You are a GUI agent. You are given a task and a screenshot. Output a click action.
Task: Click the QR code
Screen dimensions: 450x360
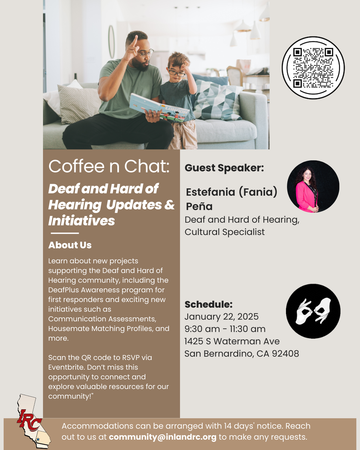[x=313, y=68]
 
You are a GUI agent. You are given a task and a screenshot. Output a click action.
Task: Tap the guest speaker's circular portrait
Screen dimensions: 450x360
[x=313, y=186]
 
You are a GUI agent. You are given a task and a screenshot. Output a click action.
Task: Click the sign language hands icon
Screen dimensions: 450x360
[x=313, y=311]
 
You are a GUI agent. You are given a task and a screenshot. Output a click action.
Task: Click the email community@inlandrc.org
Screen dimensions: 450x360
[x=162, y=437]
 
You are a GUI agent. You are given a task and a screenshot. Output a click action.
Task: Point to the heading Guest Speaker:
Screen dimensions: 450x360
[x=224, y=168]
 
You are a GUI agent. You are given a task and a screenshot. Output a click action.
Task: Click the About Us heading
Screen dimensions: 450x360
[x=70, y=245]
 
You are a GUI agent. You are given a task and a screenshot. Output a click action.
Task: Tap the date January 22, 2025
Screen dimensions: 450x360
[x=221, y=316]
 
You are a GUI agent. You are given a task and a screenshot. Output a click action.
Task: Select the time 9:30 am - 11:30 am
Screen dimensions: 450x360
[x=225, y=329]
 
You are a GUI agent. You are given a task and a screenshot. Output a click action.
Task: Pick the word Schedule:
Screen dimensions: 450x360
[x=208, y=304]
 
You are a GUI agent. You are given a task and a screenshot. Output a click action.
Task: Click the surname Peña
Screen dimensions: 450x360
[x=199, y=206]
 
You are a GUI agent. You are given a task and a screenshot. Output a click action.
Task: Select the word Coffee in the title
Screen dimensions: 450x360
[x=76, y=166]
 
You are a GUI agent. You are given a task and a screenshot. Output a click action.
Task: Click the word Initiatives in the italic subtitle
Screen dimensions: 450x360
[x=81, y=221]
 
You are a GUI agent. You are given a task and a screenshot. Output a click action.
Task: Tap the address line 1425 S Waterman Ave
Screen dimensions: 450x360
[x=232, y=341]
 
